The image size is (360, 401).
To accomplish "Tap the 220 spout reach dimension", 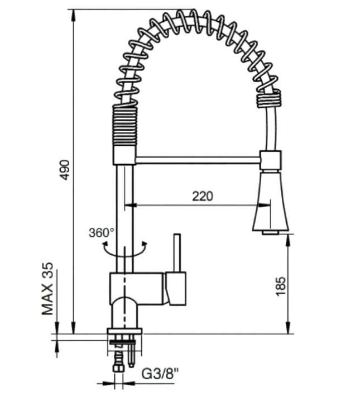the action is click(203, 197).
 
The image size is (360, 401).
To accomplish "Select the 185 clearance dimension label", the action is click(281, 286).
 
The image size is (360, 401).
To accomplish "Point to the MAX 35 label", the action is click(48, 289).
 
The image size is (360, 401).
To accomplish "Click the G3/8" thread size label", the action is click(160, 374).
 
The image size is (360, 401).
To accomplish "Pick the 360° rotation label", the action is click(102, 233).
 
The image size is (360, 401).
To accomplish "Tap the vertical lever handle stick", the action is click(177, 252).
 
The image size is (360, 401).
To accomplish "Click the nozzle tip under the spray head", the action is click(270, 232).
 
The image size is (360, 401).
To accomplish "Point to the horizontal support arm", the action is click(198, 160).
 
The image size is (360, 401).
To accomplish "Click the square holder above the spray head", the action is click(271, 160).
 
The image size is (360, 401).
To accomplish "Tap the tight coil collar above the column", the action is click(124, 126).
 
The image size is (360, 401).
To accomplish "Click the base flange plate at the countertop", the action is click(124, 331).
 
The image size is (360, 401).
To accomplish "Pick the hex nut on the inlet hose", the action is click(118, 368).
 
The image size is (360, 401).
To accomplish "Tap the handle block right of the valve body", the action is click(176, 289).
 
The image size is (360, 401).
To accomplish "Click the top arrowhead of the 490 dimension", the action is click(73, 16).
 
